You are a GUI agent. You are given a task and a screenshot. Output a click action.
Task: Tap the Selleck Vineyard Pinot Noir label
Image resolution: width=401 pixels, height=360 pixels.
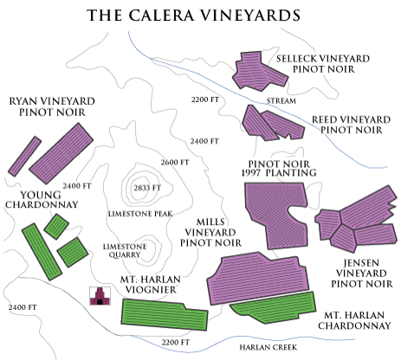[x=323, y=64]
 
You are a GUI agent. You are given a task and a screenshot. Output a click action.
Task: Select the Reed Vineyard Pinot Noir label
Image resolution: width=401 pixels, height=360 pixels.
[x=351, y=123]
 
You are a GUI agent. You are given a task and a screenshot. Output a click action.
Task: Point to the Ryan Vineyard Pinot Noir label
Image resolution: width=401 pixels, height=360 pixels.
[x=51, y=106]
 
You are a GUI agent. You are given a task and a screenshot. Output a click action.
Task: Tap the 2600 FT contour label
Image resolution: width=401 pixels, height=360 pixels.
[x=174, y=163]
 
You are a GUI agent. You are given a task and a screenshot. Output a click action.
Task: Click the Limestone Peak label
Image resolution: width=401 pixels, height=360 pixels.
[x=143, y=213]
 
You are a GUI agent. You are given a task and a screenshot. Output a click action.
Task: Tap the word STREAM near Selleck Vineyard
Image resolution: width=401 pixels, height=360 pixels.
[x=281, y=100]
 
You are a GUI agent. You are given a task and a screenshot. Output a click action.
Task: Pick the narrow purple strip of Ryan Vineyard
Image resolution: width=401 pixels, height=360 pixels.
[x=24, y=155]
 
